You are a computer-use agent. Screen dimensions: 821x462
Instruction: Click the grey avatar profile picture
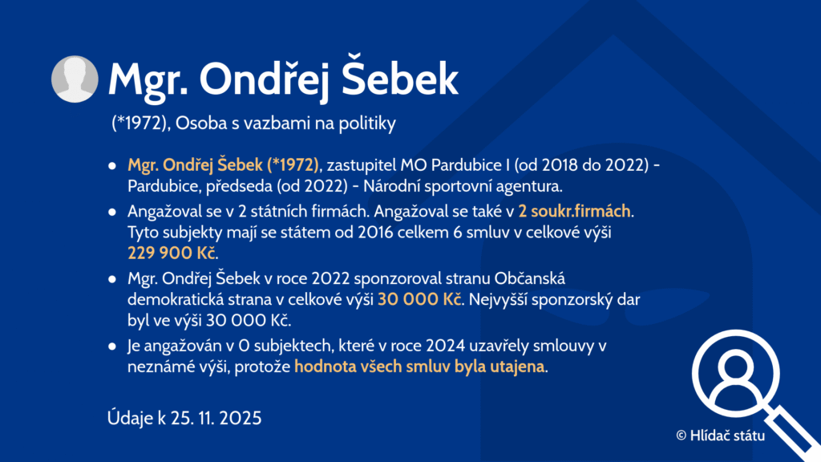(x=75, y=79)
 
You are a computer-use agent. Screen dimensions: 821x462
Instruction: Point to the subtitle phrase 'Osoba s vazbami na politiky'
(x=285, y=123)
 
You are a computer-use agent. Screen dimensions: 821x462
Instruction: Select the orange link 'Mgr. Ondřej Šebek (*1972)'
(x=223, y=165)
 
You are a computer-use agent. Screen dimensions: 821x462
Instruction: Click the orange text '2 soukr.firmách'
(x=574, y=211)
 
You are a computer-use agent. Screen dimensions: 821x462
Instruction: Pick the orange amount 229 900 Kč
(x=172, y=253)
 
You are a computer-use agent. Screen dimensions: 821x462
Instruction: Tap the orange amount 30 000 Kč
(x=419, y=299)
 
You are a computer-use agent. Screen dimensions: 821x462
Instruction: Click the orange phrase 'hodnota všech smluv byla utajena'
(x=419, y=366)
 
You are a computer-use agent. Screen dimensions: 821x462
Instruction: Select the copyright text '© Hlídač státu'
(x=721, y=436)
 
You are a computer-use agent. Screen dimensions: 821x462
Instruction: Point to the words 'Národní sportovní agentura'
(x=462, y=186)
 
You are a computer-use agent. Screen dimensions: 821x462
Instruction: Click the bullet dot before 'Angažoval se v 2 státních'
(x=112, y=212)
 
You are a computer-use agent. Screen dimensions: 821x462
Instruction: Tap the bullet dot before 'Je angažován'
(x=112, y=346)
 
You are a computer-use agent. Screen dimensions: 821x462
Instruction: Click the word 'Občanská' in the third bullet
(x=529, y=278)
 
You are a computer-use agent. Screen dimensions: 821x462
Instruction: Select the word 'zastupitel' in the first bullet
(x=362, y=165)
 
